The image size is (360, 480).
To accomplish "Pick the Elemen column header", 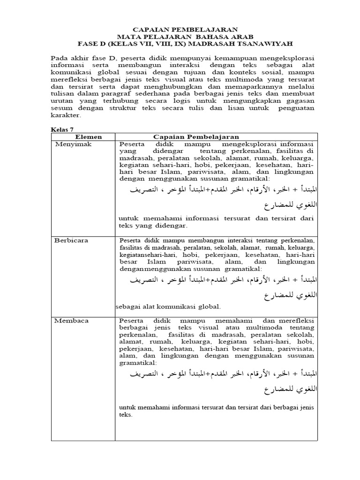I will [x=82, y=136].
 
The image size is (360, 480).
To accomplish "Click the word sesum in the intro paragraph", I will [x=61, y=108].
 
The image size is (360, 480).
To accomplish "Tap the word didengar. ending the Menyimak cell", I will [x=172, y=225].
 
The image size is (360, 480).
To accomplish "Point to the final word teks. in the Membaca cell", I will [x=127, y=415].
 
